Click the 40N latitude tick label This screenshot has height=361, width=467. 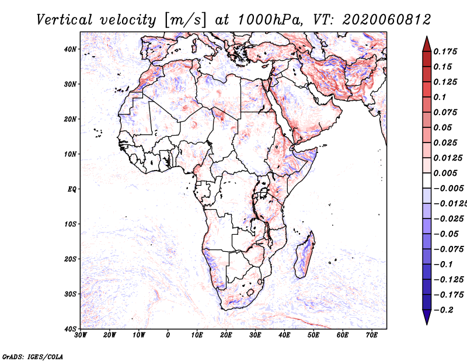click(70, 49)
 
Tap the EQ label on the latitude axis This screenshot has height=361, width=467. click(72, 189)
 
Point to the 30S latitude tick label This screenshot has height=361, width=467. click(70, 294)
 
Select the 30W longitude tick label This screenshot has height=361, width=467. click(81, 335)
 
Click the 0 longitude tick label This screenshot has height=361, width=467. click(168, 335)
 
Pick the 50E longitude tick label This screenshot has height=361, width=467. click(313, 335)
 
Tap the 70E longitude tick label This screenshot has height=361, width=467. click(372, 335)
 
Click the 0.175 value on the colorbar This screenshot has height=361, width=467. click(445, 51)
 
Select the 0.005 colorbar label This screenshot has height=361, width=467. click(445, 173)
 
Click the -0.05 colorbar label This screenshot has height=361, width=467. click(446, 234)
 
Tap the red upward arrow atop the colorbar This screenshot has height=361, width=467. click(427, 44)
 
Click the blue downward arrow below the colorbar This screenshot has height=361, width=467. click(427, 317)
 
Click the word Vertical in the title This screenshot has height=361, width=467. click(64, 20)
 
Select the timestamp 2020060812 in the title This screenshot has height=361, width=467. click(386, 20)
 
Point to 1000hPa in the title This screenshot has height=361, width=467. click(268, 20)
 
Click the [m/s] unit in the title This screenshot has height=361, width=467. click(185, 20)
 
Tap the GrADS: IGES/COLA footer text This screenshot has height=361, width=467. click(33, 356)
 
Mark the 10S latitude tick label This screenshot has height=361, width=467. click(70, 224)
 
